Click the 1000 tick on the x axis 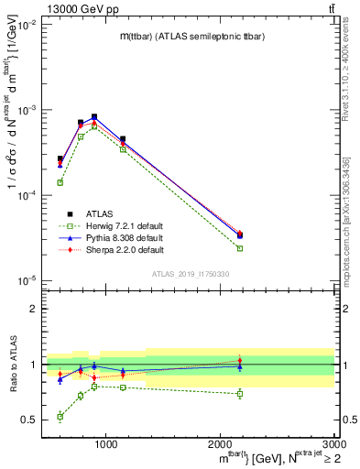pyautogui.click(x=106, y=442)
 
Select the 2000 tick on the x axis pyautogui.click(x=220, y=442)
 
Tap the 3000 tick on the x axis pyautogui.click(x=333, y=442)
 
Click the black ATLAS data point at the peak pyautogui.click(x=94, y=117)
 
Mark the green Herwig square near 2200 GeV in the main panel pyautogui.click(x=240, y=248)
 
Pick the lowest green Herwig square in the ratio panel pyautogui.click(x=60, y=417)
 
